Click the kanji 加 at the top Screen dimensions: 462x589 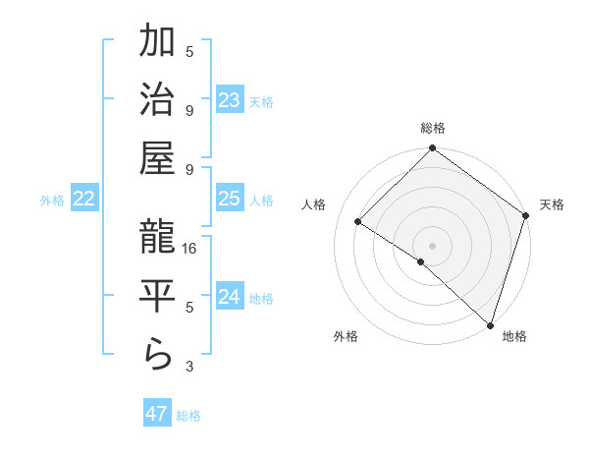158,45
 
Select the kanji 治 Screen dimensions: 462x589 158,102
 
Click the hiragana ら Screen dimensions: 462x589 158,356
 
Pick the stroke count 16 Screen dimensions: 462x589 190,250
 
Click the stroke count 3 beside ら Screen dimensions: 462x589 190,367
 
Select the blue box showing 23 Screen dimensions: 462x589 230,100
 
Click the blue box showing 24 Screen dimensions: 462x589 230,297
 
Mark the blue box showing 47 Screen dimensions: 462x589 156,414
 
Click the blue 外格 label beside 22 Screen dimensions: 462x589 52,201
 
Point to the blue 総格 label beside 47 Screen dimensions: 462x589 189,416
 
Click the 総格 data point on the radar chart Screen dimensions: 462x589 432,149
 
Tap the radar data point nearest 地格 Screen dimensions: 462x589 489,323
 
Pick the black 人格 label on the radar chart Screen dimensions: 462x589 315,204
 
